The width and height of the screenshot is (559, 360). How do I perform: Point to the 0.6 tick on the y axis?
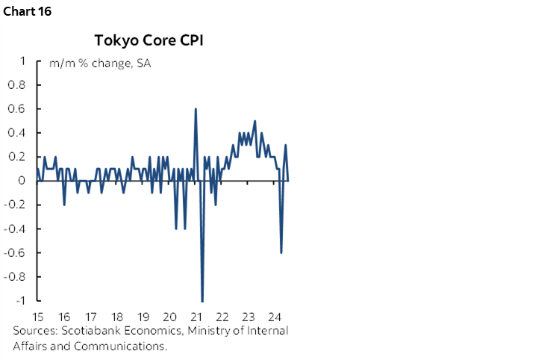pyautogui.click(x=16, y=109)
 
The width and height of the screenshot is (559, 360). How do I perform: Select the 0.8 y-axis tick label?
pyautogui.click(x=16, y=85)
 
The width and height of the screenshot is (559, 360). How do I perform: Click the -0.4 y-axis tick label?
pyautogui.click(x=15, y=229)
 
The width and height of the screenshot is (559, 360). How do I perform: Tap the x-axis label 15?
pyautogui.click(x=38, y=315)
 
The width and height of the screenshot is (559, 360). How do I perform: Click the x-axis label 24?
pyautogui.click(x=274, y=315)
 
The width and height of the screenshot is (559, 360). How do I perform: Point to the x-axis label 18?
pyautogui.click(x=116, y=315)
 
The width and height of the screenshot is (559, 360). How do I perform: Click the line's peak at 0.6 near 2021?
pyautogui.click(x=196, y=109)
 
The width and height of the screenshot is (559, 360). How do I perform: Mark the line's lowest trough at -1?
pyautogui.click(x=202, y=300)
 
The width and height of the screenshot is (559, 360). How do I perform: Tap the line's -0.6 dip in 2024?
pyautogui.click(x=281, y=252)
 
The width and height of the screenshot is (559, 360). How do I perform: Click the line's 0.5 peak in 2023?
pyautogui.click(x=255, y=121)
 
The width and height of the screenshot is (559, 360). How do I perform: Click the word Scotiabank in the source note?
pyautogui.click(x=87, y=331)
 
